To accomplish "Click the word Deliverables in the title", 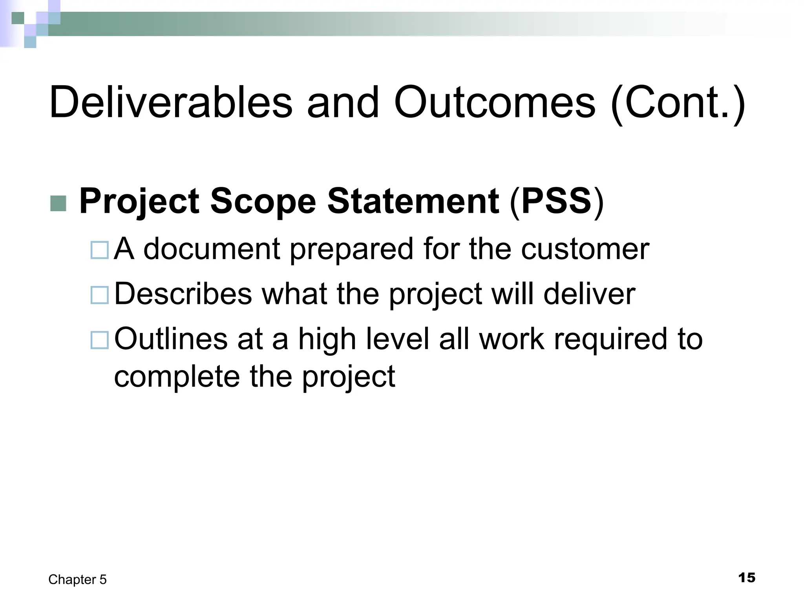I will pos(171,103).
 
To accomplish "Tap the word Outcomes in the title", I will pos(495,103).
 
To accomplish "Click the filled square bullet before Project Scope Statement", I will pos(58,203).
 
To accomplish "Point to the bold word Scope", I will pos(263,202).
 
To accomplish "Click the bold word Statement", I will pos(413,202).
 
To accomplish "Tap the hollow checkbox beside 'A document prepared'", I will pos(99,250).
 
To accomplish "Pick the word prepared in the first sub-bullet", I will pos(352,250).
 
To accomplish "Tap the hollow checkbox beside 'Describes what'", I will pos(99,295).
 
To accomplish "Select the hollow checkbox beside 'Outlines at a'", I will pos(99,340).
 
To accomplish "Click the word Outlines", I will pos(171,339).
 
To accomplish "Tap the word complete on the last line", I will pos(177,376).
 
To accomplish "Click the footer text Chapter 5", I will pos(77,579).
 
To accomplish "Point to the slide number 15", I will pos(747,578).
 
